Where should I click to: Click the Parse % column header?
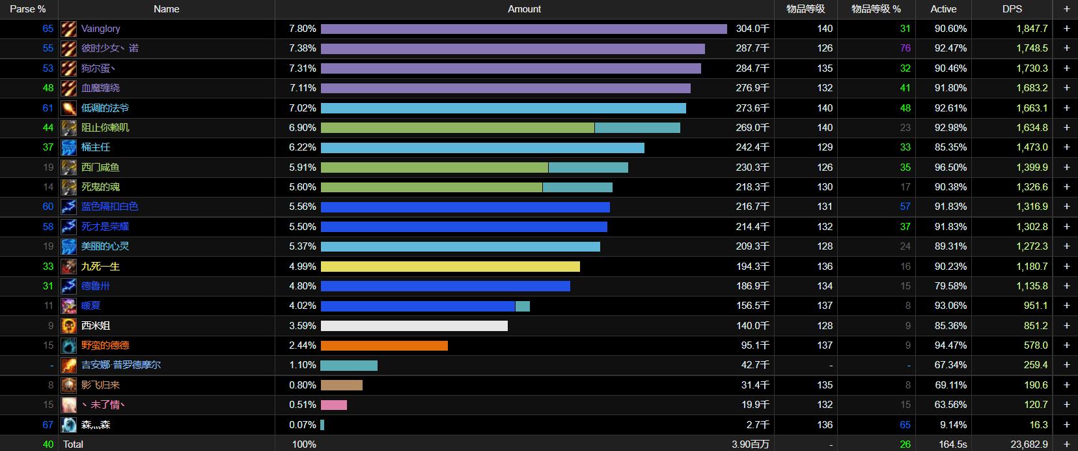pos(28,9)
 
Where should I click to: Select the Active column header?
pos(943,9)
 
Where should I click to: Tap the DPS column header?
pos(1012,9)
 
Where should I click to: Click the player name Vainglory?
pos(100,29)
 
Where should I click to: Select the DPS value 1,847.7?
pos(1032,29)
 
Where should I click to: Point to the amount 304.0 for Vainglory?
pos(753,29)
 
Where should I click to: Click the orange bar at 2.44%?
pos(384,345)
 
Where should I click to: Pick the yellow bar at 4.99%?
pos(450,267)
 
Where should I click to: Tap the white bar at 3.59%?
pos(414,326)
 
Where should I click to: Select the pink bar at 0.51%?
pos(334,405)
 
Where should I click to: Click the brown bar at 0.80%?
pos(341,385)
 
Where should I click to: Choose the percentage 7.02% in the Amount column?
pos(303,108)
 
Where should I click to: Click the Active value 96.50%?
pos(950,167)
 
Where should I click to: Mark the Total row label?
pos(73,444)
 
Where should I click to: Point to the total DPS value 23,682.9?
pos(1029,444)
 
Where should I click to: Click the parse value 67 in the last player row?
pos(48,425)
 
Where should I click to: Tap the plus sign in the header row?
pos(1066,9)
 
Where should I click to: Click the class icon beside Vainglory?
pos(69,29)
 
